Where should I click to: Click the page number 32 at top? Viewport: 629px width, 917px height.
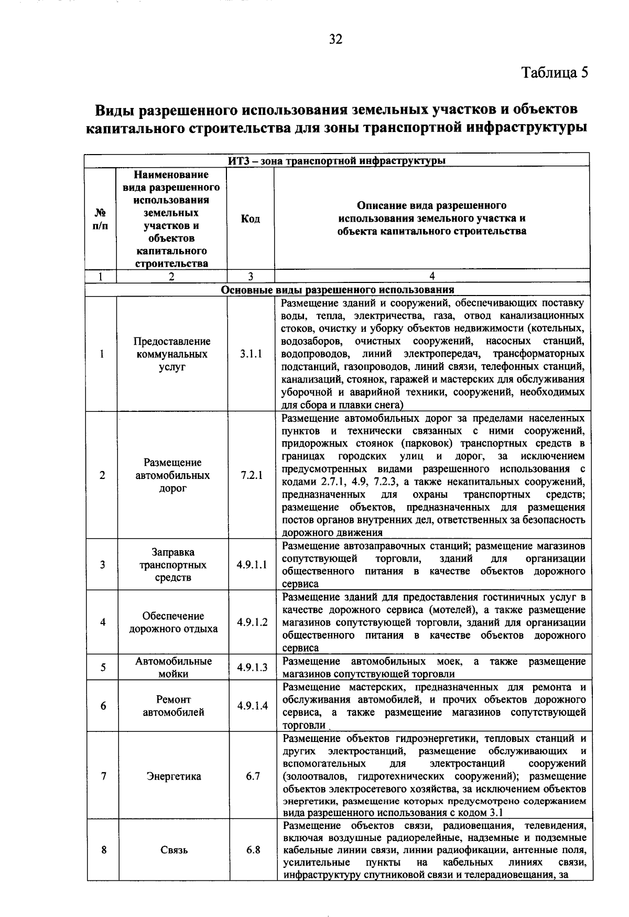[335, 39]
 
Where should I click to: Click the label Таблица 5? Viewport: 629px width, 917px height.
[555, 72]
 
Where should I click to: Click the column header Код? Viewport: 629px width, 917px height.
[251, 219]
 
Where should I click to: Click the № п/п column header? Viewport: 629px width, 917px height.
[101, 219]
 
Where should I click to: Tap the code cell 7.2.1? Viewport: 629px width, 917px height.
[252, 475]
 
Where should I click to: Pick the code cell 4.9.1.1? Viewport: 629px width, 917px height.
[252, 565]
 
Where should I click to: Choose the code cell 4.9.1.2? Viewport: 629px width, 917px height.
[252, 622]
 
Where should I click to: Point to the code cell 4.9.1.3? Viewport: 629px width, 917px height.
[252, 667]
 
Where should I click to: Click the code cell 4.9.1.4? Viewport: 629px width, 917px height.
[252, 706]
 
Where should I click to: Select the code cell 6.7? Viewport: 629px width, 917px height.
[253, 776]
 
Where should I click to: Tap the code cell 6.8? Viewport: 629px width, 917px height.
[253, 849]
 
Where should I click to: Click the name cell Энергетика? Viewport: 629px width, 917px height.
[173, 776]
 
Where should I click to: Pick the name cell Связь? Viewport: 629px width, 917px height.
[173, 850]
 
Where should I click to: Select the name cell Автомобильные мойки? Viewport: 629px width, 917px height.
[173, 668]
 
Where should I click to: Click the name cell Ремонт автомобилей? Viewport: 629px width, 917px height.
[173, 706]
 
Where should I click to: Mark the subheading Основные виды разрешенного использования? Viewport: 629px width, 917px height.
[338, 290]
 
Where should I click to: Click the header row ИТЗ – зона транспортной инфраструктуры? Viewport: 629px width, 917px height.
[337, 160]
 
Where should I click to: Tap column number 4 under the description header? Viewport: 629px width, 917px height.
[432, 276]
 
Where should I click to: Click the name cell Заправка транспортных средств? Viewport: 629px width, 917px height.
[173, 565]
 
